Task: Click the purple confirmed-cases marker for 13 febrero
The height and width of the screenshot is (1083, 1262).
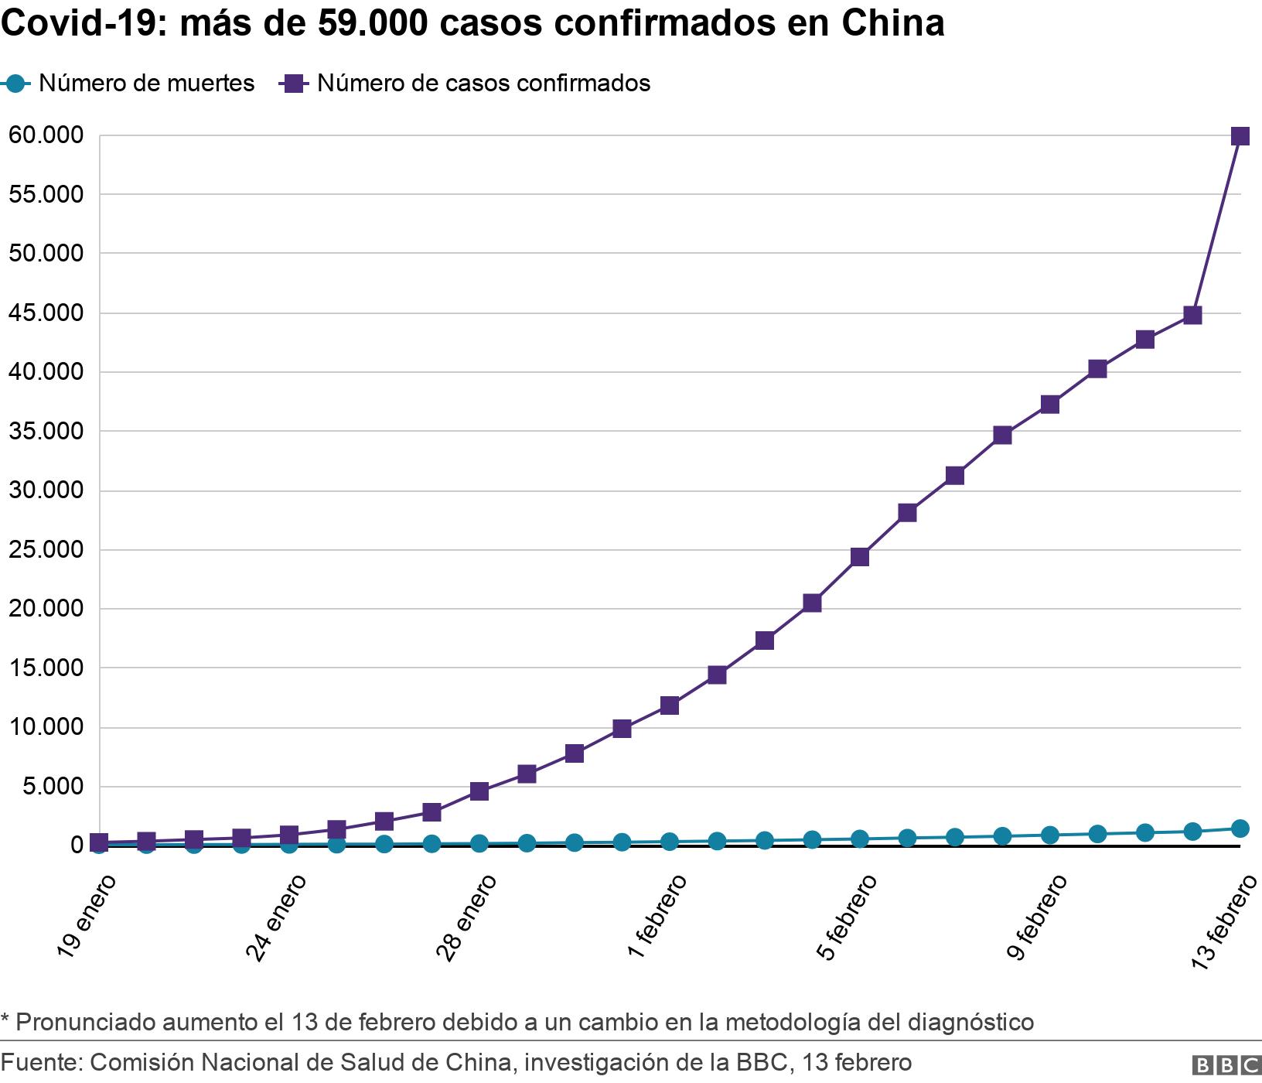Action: point(1240,137)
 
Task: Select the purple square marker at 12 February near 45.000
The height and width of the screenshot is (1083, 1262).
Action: point(1192,315)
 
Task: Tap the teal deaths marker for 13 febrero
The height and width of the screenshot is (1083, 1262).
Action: point(1240,828)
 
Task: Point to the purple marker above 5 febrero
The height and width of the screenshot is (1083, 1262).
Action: point(859,557)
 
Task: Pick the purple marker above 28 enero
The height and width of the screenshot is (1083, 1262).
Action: point(479,791)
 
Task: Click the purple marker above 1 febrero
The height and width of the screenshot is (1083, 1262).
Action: point(669,705)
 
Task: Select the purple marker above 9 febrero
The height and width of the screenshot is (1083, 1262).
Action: point(1049,405)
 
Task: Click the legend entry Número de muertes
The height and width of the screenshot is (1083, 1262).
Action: point(146,84)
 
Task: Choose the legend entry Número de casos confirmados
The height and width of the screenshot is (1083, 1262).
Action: point(483,84)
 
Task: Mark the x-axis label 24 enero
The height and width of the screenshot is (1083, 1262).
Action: point(276,917)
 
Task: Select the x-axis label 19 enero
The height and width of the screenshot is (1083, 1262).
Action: point(86,917)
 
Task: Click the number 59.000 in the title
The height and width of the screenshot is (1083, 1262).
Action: point(373,24)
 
